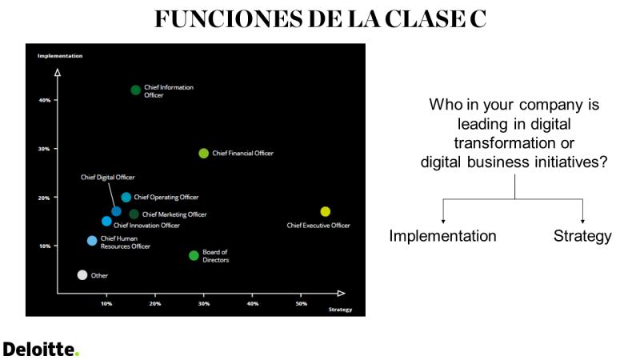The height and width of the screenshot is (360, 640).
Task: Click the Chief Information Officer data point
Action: coord(135,90)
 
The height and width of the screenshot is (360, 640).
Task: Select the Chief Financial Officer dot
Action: coord(204,154)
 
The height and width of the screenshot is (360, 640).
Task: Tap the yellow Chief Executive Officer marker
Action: coord(326,211)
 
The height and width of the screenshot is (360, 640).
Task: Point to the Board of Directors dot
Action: coord(194,255)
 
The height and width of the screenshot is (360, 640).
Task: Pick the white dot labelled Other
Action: coord(82,275)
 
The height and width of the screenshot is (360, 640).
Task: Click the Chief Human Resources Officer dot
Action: coord(92,241)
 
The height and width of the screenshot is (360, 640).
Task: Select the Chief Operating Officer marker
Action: coord(126,198)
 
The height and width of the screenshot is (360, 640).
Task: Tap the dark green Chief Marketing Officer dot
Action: coord(134,214)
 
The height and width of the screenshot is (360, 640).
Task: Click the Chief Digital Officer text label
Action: coord(108,177)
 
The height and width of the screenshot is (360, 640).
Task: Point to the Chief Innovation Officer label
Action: coord(146,226)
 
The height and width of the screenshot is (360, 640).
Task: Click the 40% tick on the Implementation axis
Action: coord(55,100)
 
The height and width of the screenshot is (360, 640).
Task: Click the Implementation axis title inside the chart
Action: coord(60,56)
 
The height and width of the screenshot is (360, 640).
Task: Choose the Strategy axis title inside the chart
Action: coord(341,310)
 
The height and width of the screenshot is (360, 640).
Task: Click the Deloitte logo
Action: coord(41,350)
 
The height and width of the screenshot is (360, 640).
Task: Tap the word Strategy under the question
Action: coord(582,236)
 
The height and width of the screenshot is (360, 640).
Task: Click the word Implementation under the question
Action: coord(443,236)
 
